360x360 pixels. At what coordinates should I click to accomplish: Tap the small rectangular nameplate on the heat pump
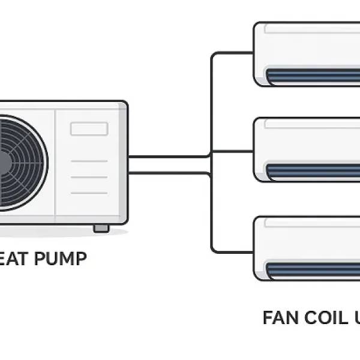pos(89,128)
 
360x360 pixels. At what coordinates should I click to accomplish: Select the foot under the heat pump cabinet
pos(101,228)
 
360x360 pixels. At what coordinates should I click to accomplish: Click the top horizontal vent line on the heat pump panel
pos(89,161)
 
